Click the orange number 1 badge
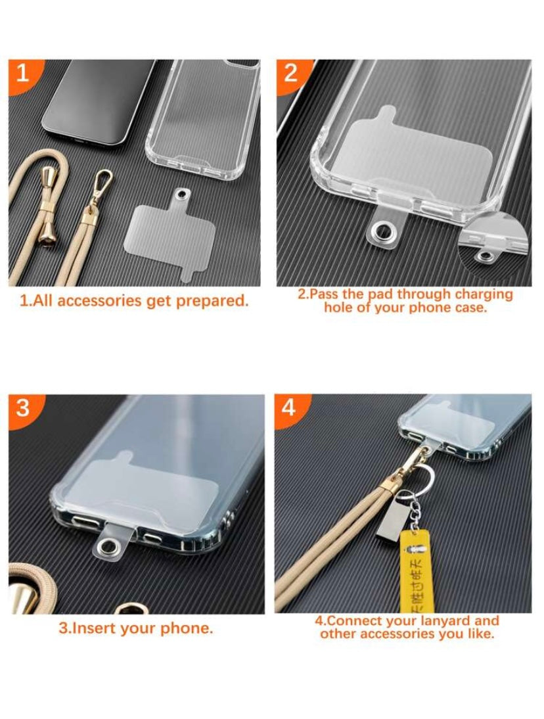click(x=23, y=74)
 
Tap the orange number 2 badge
click(x=292, y=74)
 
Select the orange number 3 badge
click(x=24, y=408)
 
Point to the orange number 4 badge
click(x=290, y=407)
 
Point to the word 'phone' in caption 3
click(x=187, y=628)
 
